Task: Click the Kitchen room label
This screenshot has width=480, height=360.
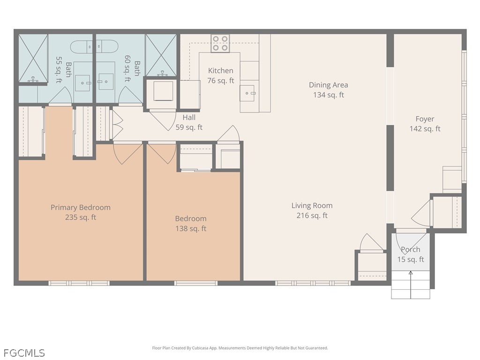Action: tap(220, 70)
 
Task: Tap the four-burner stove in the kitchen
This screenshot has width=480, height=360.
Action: tap(220, 44)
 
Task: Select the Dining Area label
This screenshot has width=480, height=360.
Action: tap(328, 85)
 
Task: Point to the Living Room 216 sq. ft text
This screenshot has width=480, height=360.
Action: tap(312, 210)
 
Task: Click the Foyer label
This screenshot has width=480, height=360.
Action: tap(425, 119)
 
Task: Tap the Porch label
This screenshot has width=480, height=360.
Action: tap(411, 249)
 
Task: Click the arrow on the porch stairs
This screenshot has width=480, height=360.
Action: tap(411, 285)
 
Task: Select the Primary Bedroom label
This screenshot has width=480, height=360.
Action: tap(81, 207)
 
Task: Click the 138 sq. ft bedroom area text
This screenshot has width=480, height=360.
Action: tap(191, 228)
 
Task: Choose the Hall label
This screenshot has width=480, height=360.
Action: tap(189, 117)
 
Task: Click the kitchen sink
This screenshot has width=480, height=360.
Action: tap(247, 93)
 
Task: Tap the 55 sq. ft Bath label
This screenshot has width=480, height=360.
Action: tap(64, 69)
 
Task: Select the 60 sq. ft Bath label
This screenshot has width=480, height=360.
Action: tap(132, 68)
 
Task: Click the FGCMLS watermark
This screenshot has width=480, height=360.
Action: tap(24, 353)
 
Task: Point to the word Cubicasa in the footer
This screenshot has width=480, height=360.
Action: tap(202, 348)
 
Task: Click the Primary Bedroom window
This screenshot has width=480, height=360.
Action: tap(79, 283)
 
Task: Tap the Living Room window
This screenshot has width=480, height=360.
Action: tap(313, 283)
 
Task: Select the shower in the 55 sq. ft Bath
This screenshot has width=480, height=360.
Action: tap(33, 58)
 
